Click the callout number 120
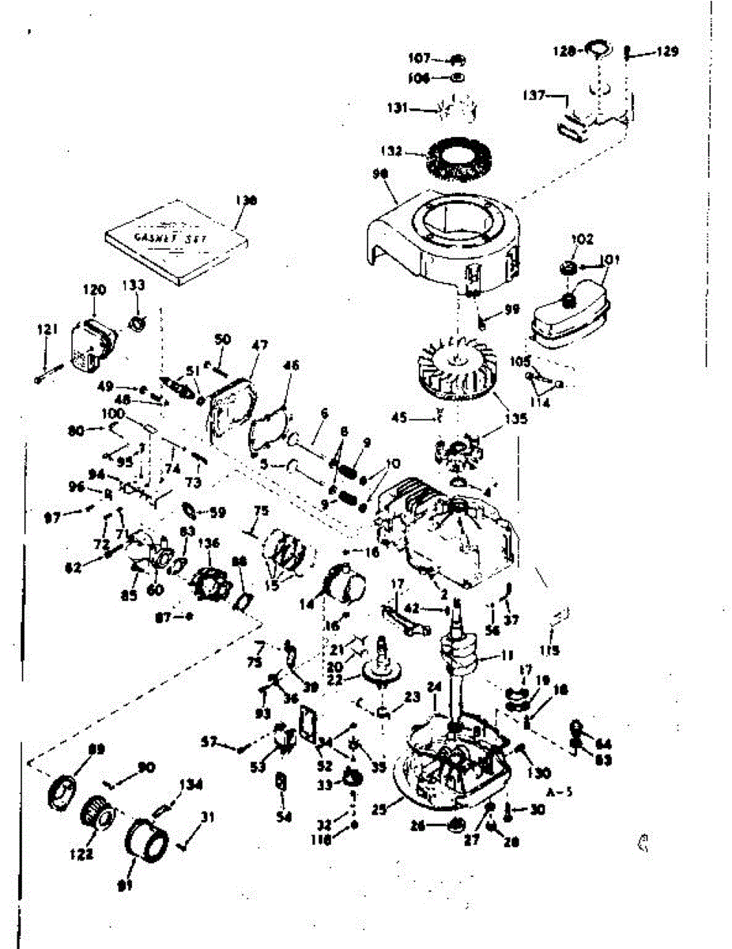pyautogui.click(x=94, y=290)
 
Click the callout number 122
pyautogui.click(x=85, y=853)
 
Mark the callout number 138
pyautogui.click(x=247, y=201)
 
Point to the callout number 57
pyautogui.click(x=209, y=741)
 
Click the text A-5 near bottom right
pyautogui.click(x=557, y=789)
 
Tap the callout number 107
pyautogui.click(x=418, y=59)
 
